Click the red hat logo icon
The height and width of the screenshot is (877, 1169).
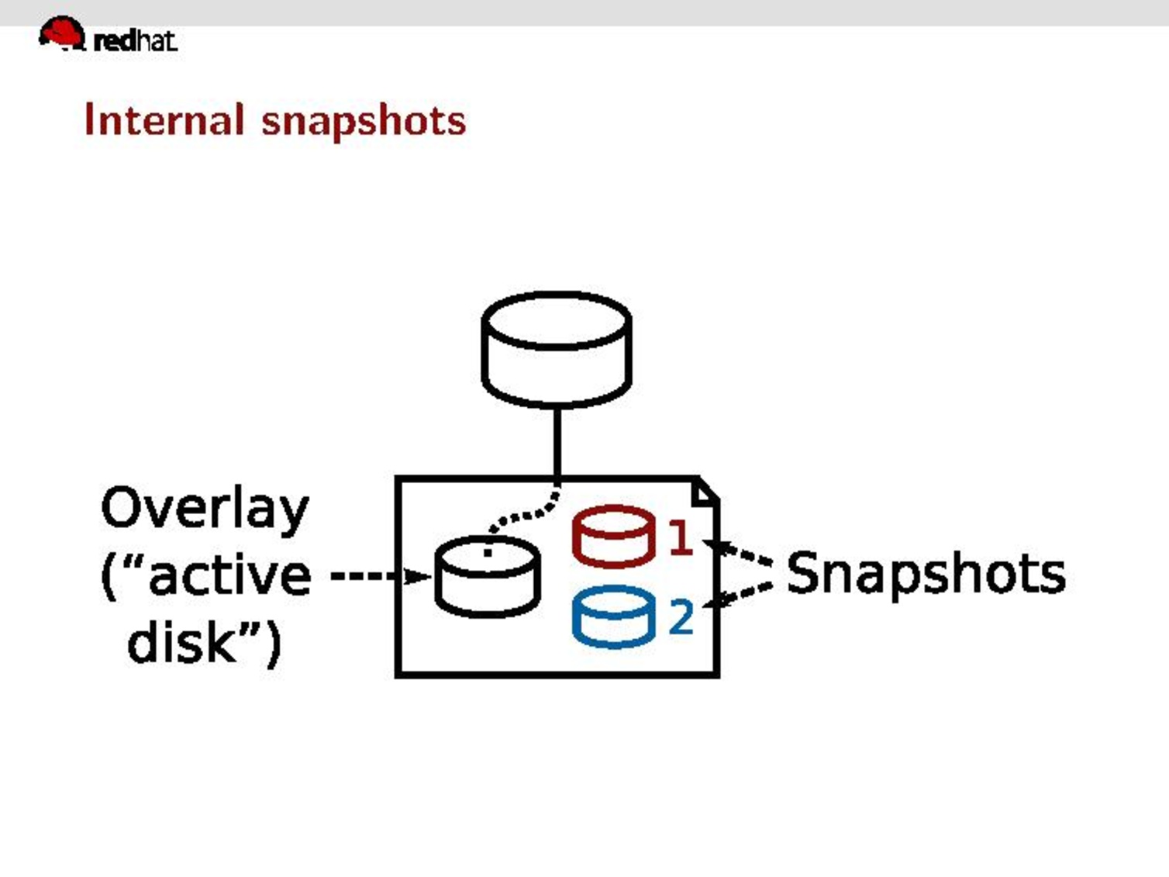(62, 34)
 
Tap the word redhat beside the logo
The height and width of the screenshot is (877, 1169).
(135, 40)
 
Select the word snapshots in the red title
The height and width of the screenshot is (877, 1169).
(364, 121)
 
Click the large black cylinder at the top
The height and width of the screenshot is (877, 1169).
(557, 349)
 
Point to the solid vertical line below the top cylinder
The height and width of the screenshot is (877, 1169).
(557, 442)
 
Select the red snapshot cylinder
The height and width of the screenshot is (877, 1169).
(613, 536)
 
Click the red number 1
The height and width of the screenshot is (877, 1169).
(680, 537)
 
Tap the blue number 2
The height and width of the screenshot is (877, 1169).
(681, 618)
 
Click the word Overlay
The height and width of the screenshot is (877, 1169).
(205, 509)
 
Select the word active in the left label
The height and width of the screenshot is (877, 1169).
(229, 576)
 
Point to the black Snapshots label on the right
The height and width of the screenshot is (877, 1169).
(926, 575)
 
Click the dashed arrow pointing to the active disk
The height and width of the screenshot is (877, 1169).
(380, 576)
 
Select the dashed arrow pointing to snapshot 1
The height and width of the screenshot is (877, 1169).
(740, 553)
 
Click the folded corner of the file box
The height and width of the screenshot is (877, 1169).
(705, 491)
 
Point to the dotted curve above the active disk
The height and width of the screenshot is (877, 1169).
(527, 513)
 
